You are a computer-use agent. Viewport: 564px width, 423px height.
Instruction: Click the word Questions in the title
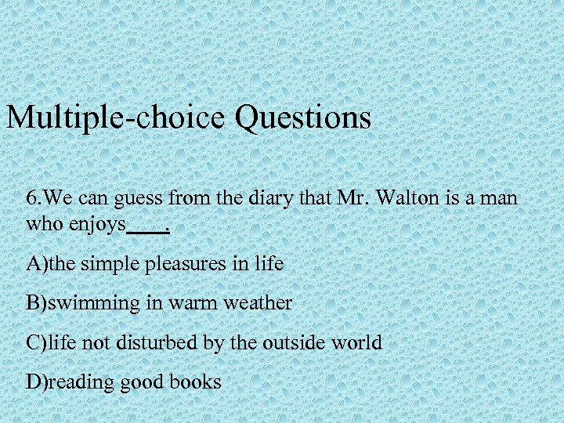pyautogui.click(x=302, y=118)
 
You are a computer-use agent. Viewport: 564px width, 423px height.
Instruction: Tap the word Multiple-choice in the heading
pyautogui.click(x=117, y=118)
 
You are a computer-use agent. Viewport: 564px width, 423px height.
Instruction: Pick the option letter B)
pyautogui.click(x=36, y=303)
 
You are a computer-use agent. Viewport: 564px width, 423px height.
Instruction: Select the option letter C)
pyautogui.click(x=36, y=342)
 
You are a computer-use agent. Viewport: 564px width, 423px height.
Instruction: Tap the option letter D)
pyautogui.click(x=36, y=381)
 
